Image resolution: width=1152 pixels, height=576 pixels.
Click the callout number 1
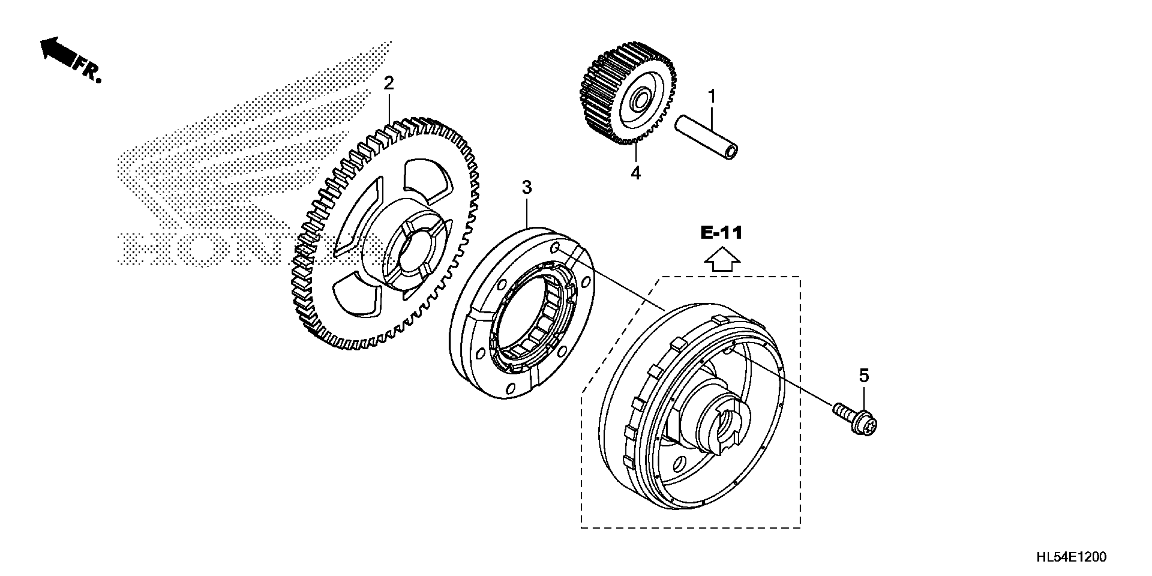[712, 97]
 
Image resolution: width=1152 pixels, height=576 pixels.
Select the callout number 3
[527, 187]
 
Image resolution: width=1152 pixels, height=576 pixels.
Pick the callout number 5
[864, 376]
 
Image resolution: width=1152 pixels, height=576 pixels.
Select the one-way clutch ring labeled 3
[521, 313]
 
